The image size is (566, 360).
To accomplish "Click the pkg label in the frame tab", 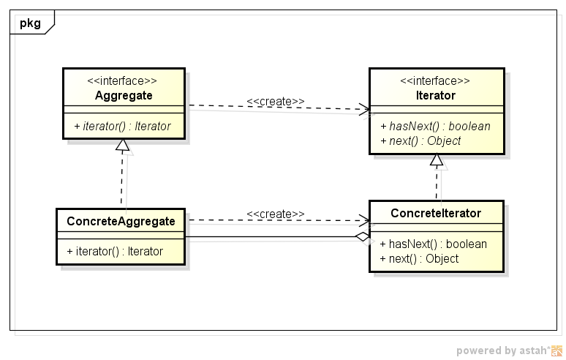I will pos(30,23).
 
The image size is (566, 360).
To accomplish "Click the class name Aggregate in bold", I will pos(123,95).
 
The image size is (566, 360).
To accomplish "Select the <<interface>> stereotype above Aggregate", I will pos(123,81).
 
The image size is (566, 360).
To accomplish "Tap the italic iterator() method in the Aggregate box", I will pos(122,126).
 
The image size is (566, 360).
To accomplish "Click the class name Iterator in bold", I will pos(437,95).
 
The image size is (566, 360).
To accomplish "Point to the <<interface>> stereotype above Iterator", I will pos(437,81).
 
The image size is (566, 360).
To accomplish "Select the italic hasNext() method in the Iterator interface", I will pos(435,126).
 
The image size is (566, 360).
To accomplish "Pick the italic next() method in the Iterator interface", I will pos(420,140).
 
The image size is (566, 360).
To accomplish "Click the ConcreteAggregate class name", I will pos(121,220).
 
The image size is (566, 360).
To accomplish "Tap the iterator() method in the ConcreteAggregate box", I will pos(115,251).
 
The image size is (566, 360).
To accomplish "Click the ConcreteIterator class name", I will pos(436,213).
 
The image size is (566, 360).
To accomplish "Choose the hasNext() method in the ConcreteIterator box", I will pos(434,244).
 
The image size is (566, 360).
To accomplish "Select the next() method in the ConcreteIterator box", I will pos(419,258).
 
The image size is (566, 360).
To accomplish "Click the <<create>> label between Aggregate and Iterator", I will pos(276,101).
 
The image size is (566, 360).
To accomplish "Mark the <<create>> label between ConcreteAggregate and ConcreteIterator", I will pos(276,214).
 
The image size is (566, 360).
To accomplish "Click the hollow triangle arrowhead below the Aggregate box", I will pos(123,147).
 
